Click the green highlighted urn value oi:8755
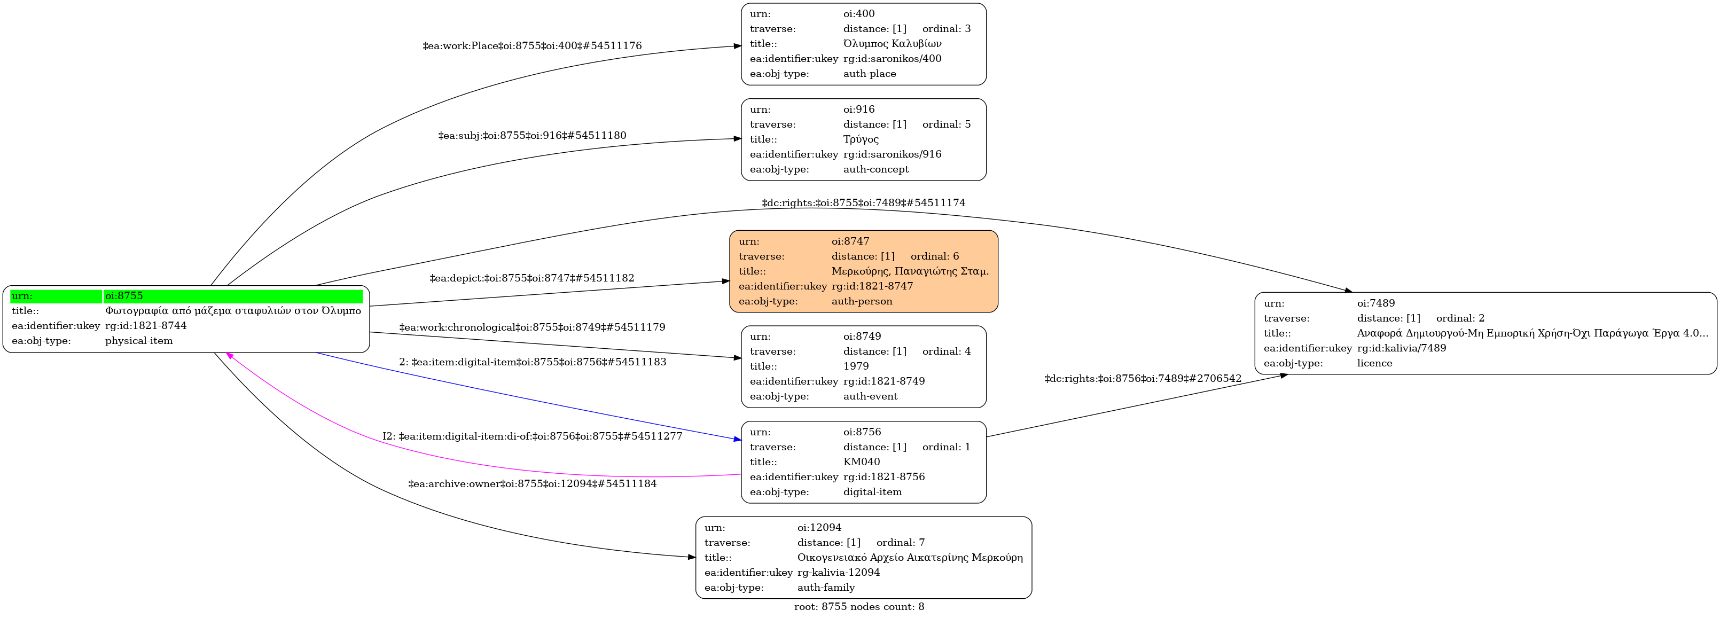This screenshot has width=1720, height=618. pyautogui.click(x=124, y=296)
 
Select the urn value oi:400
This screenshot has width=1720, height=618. pyautogui.click(x=859, y=13)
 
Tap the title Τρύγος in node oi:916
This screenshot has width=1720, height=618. pyautogui.click(x=861, y=139)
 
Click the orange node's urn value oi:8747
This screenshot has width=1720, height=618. pyautogui.click(x=850, y=241)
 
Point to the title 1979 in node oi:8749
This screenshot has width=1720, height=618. pyautogui.click(x=856, y=366)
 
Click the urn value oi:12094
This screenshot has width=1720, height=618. pyautogui.click(x=819, y=527)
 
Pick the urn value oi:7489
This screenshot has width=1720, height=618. pyautogui.click(x=1375, y=303)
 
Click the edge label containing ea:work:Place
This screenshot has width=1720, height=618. pyautogui.click(x=532, y=46)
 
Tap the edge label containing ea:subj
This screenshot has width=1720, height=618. pyautogui.click(x=532, y=136)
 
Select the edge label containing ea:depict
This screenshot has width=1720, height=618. pyautogui.click(x=532, y=278)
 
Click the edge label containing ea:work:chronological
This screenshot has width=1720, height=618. pyautogui.click(x=532, y=327)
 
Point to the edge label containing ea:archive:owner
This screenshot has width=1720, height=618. pyautogui.click(x=532, y=484)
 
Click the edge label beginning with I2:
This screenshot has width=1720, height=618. pyautogui.click(x=532, y=436)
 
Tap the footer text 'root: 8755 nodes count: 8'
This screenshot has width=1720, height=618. pyautogui.click(x=859, y=607)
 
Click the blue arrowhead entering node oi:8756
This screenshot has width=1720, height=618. pyautogui.click(x=737, y=439)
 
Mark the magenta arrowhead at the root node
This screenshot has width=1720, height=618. pyautogui.click(x=229, y=356)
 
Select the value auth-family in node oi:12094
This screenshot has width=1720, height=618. pyautogui.click(x=826, y=588)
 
